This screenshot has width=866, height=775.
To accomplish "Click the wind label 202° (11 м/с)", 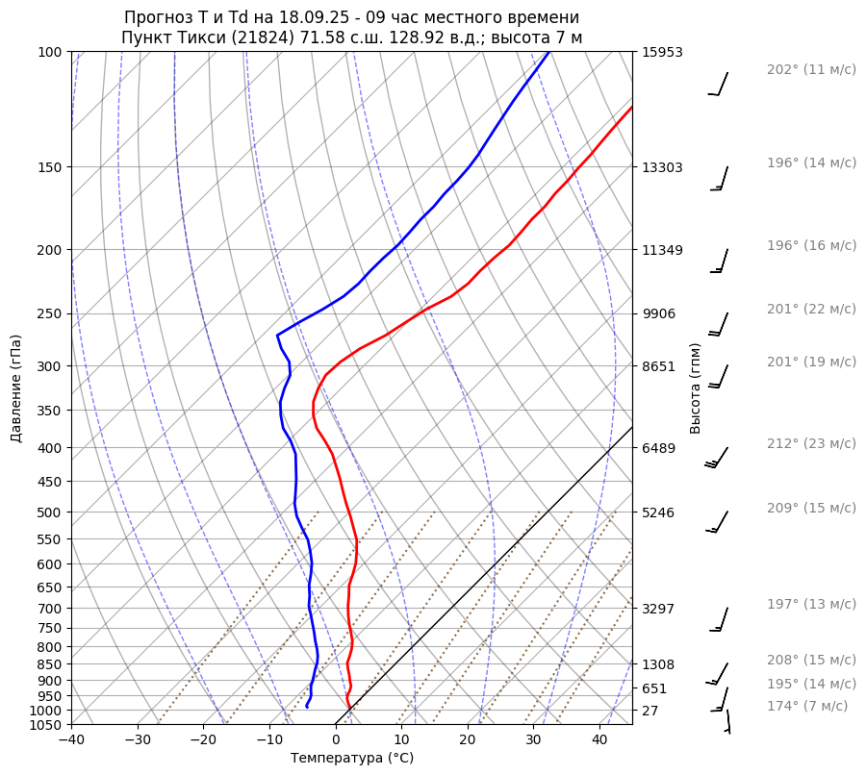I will click(x=810, y=70).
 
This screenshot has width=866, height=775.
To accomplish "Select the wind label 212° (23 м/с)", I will click(x=810, y=443).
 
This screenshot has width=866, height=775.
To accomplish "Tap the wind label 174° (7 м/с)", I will click(x=806, y=706).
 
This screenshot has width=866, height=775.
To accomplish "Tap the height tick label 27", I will click(x=649, y=711).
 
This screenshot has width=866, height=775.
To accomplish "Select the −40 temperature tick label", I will click(x=71, y=739).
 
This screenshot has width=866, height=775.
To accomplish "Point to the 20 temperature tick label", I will click(x=468, y=739).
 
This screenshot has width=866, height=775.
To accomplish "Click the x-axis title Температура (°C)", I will click(x=352, y=758).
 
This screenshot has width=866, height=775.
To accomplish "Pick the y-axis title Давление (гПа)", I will click(x=16, y=388).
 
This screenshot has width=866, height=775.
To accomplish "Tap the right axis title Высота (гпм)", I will click(x=696, y=388).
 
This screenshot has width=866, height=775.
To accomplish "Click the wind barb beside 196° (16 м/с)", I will click(x=720, y=261).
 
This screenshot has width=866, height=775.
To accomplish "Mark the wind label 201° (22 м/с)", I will click(x=810, y=309).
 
